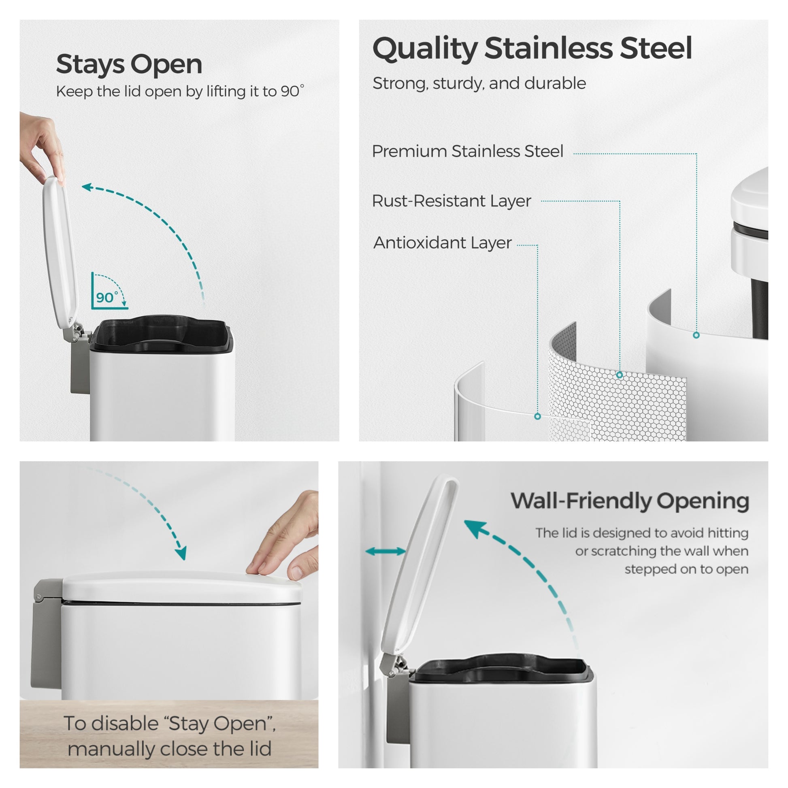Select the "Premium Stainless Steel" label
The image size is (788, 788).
467,151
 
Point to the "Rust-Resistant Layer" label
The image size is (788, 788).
452,201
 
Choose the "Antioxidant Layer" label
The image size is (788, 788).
443,243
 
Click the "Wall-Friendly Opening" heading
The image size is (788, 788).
630,502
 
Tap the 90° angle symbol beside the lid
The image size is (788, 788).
109,291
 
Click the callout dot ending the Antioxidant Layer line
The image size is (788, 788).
538,416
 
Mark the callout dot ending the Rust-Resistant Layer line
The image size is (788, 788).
620,375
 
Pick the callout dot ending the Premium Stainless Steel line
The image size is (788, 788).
696,335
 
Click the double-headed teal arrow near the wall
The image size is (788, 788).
385,552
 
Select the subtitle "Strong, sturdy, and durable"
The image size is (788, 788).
479,83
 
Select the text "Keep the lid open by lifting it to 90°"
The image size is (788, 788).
180,92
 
